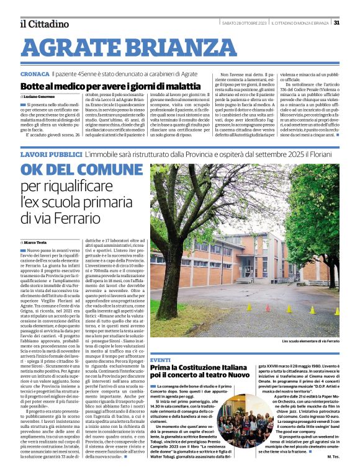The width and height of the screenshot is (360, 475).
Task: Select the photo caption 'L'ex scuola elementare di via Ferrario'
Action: point(310,342)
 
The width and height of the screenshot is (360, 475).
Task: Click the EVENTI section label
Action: point(160,360)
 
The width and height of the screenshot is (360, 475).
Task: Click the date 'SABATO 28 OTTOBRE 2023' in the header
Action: point(244,23)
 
